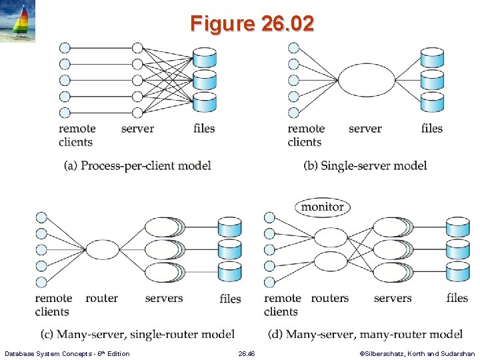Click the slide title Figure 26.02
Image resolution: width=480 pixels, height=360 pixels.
pos(251,24)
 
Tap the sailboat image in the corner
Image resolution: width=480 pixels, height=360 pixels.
pos(18,21)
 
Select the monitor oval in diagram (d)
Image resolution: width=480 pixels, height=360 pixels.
pos(322,207)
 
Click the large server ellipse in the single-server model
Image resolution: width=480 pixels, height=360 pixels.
pos(366,81)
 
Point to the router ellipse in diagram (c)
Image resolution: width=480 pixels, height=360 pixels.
pos(102,250)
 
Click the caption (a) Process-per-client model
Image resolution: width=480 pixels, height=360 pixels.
pos(137,165)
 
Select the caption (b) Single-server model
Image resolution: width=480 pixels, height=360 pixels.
pos(365,165)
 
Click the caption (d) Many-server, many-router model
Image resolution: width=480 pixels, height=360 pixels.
pos(365,333)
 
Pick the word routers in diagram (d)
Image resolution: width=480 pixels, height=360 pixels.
pos(330,298)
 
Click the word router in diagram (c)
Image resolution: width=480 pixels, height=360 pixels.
pos(102,298)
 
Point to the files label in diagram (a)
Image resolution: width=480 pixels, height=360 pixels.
pos(204,128)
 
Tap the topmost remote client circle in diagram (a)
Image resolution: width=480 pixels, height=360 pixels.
pos(65,48)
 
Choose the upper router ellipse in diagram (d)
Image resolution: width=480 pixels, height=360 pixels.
pos(331,237)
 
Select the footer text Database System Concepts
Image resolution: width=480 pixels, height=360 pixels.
pos(67,353)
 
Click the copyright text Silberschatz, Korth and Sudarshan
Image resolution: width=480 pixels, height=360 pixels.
pos(417,353)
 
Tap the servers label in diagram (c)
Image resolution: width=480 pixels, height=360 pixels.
pos(163,298)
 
